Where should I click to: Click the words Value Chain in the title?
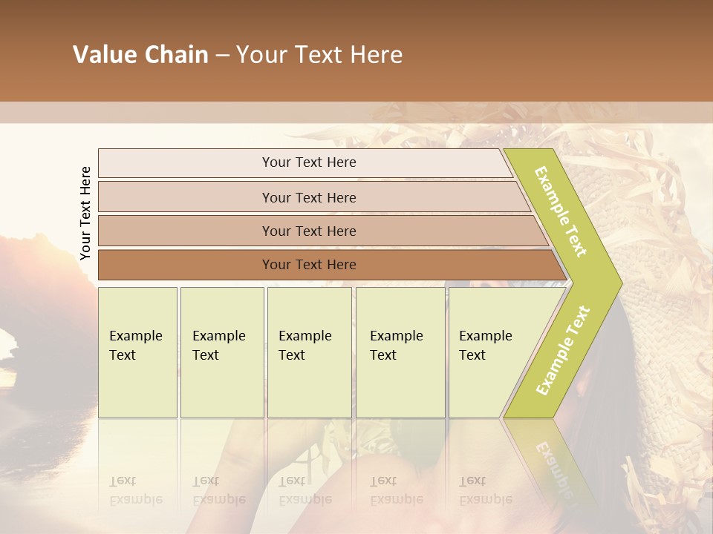[140, 55]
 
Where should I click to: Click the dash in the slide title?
[222, 56]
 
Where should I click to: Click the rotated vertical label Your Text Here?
[85, 213]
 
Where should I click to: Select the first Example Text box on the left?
[137, 352]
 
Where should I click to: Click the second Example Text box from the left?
[222, 352]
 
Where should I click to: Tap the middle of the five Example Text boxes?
[309, 352]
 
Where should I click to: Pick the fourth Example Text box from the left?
[400, 352]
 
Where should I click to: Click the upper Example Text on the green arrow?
[561, 211]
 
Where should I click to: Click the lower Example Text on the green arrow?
[563, 350]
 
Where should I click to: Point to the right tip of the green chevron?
[620, 283]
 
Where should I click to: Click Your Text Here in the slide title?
[319, 55]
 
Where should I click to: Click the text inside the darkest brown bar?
[309, 265]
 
